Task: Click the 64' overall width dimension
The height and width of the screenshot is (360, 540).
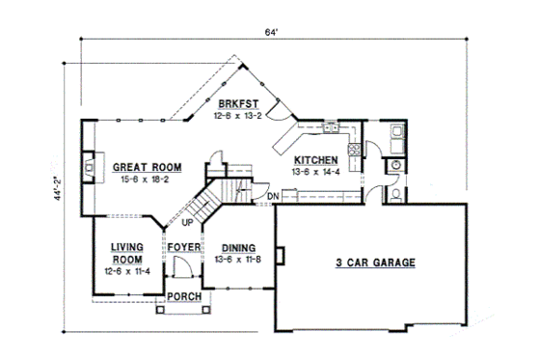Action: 273,32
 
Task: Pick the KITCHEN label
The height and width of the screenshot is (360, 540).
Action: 316,160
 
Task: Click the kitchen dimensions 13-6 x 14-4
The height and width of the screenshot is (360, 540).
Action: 315,171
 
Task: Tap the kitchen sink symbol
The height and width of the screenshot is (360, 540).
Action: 330,125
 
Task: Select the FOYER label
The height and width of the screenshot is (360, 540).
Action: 183,248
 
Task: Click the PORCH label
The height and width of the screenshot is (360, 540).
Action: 183,295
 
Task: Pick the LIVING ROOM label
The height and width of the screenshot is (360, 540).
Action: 126,253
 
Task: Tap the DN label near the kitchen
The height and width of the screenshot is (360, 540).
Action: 274,198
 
